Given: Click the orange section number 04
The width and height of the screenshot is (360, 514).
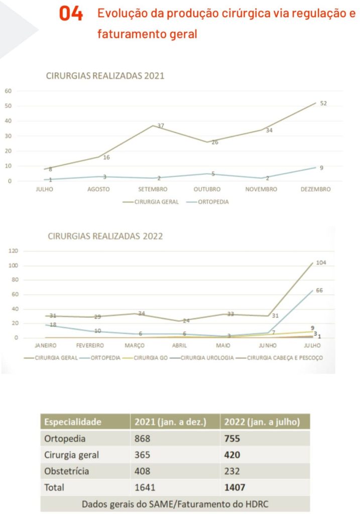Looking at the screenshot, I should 71,14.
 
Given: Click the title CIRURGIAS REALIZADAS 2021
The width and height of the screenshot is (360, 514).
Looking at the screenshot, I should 105,76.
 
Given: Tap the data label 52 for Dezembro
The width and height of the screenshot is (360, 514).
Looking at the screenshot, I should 323,103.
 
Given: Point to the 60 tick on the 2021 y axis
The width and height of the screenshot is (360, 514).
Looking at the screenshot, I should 8,91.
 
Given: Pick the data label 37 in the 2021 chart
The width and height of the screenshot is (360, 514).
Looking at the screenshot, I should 161,125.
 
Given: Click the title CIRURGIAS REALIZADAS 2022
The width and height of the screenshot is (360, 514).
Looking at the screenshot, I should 105,236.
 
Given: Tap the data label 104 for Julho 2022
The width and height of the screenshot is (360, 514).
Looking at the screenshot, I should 321,263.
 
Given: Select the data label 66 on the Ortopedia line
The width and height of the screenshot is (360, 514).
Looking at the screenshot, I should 319,290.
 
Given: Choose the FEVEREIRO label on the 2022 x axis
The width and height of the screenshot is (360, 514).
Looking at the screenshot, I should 90,346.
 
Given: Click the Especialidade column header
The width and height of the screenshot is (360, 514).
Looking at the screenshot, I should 73,422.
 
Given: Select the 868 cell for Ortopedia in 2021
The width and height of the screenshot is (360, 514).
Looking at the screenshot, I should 143,438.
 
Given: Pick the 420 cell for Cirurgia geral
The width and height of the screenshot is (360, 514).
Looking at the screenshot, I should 232,455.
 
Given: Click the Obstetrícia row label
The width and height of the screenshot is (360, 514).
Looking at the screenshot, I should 67,471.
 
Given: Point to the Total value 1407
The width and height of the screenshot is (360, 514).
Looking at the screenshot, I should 235,487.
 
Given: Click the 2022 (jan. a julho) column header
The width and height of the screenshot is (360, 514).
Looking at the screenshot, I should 262,422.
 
